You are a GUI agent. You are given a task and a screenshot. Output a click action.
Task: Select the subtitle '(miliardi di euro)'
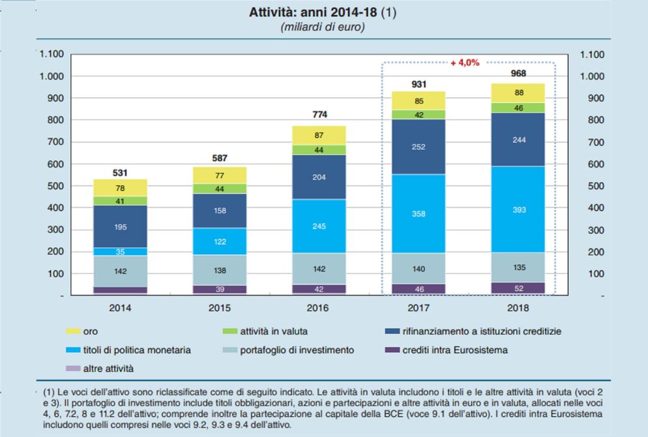(x=322, y=27)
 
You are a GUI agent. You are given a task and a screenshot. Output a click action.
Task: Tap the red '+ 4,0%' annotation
(x=465, y=63)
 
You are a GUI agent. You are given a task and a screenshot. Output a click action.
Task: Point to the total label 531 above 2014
(x=120, y=173)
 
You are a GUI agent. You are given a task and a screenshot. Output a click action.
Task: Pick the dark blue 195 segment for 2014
(x=120, y=226)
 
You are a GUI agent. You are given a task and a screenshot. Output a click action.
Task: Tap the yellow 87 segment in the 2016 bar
(x=319, y=134)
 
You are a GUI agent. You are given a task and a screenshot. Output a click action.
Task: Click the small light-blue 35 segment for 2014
(x=120, y=251)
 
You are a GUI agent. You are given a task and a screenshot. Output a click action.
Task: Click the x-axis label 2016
(x=319, y=307)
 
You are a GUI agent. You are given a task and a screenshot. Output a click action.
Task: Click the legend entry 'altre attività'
(x=108, y=369)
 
